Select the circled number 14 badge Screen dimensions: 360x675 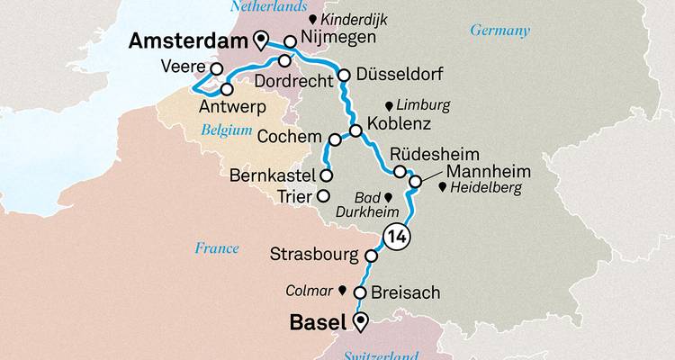397,237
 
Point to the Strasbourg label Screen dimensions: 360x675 313,256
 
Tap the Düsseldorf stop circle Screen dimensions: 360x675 344,76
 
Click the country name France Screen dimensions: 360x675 216,247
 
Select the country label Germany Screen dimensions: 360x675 499,31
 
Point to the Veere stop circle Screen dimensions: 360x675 216,68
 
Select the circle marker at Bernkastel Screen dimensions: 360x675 327,175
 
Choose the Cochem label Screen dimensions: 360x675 289,137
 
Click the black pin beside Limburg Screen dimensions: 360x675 389,106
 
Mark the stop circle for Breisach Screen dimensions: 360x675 359,293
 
